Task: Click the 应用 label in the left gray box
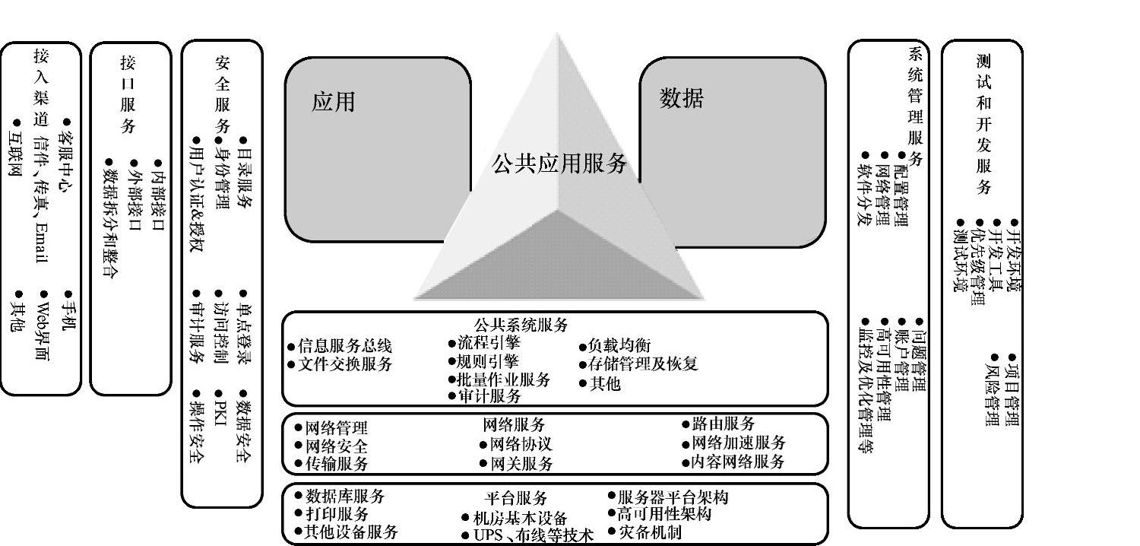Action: pyautogui.click(x=334, y=101)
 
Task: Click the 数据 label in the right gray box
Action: pyautogui.click(x=681, y=98)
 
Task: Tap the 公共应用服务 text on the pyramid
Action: pyautogui.click(x=559, y=163)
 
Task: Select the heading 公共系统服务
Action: pyautogui.click(x=521, y=325)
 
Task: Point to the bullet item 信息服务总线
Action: pyautogui.click(x=344, y=347)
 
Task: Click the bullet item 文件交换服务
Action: pyautogui.click(x=344, y=364)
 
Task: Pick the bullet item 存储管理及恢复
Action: pyautogui.click(x=643, y=364)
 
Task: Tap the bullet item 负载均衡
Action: pyautogui.click(x=619, y=346)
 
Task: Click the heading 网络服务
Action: pyautogui.click(x=514, y=424)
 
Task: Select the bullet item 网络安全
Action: pyautogui.click(x=336, y=446)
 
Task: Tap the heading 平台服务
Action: pyautogui.click(x=516, y=498)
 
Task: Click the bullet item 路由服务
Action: pyautogui.click(x=723, y=424)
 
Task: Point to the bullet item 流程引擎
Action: pyautogui.click(x=489, y=342)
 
